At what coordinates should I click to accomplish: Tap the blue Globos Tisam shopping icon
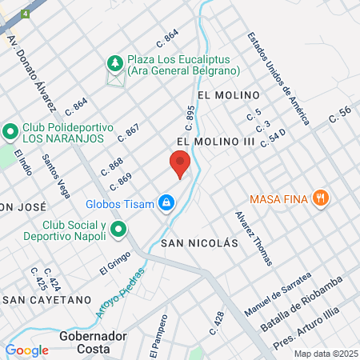click(166, 203)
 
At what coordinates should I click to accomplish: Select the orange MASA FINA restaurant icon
click(321, 198)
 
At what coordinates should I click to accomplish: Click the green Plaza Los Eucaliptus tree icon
click(116, 62)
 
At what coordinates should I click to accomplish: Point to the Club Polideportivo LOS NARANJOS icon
click(10, 130)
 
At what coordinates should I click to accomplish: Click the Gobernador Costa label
click(93, 342)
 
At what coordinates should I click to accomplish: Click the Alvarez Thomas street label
click(254, 238)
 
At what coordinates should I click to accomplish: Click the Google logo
click(26, 350)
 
